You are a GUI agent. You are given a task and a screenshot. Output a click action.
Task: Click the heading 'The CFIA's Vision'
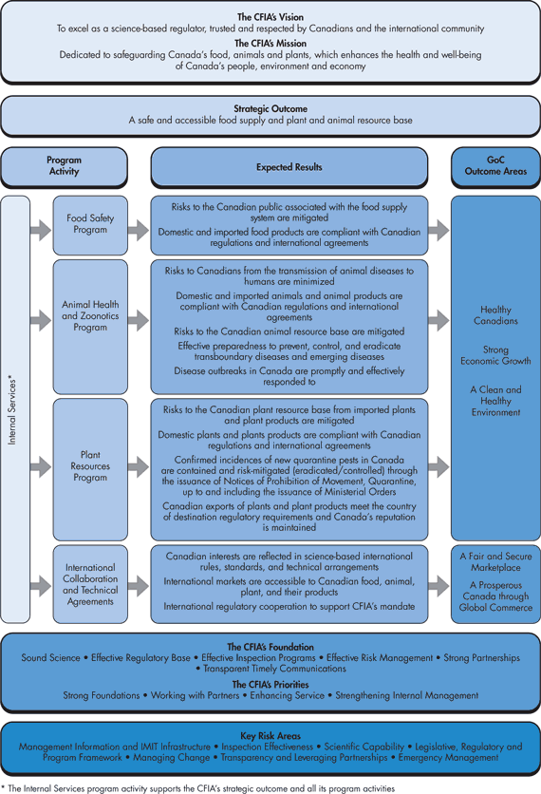click(270, 17)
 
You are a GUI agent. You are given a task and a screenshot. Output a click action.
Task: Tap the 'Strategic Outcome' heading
click(270, 109)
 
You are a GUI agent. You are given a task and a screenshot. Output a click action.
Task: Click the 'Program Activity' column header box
click(64, 166)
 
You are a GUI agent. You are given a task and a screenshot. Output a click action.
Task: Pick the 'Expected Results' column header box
click(289, 167)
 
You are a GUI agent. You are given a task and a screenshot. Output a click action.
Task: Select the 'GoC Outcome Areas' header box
click(494, 166)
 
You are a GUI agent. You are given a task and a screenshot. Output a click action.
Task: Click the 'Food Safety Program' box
click(90, 224)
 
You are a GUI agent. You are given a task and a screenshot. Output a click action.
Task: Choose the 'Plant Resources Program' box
click(90, 466)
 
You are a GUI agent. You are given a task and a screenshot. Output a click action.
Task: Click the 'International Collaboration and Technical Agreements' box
click(90, 583)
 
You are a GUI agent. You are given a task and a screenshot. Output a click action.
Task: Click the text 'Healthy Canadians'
click(494, 315)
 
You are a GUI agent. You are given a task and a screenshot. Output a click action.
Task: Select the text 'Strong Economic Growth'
click(494, 355)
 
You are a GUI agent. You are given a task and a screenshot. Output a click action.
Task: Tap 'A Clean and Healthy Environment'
click(494, 401)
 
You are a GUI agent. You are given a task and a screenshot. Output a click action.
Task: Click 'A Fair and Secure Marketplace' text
click(494, 561)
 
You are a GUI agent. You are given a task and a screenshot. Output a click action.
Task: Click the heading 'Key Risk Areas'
click(270, 734)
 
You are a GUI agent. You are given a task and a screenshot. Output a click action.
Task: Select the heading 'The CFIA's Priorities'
click(270, 684)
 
